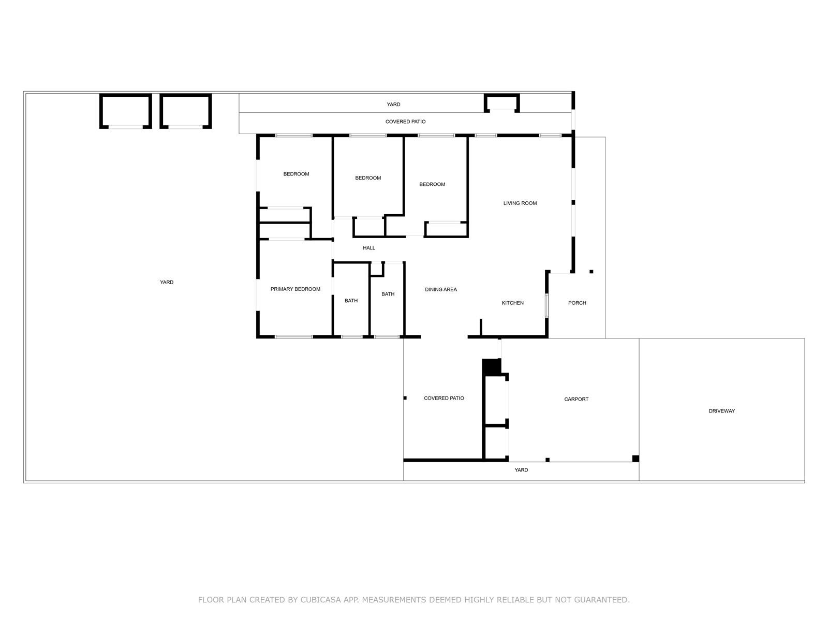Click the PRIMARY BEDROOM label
pos(295,289)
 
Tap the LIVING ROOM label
pos(520,203)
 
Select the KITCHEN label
pos(513,303)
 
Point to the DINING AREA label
pos(441,290)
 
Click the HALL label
pos(369,248)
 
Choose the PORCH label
pos(577,303)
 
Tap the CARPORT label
pos(576,400)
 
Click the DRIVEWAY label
pos(721,411)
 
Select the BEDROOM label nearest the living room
pos(432,184)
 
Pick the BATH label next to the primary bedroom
pos(351,301)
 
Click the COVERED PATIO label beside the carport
pos(444,398)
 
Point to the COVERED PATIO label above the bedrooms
pos(406,122)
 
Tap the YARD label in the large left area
pos(167,283)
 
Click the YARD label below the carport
pos(521,470)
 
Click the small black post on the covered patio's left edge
pos(405,398)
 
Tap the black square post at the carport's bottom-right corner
pos(635,459)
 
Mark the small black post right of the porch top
pos(592,272)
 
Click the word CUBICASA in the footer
pos(320,600)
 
